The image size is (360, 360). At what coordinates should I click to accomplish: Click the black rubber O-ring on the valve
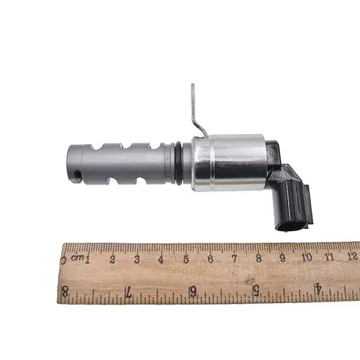coord(179,163)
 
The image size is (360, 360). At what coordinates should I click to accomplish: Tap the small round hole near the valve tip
coord(77,174)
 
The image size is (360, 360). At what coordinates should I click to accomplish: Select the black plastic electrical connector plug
coord(292,192)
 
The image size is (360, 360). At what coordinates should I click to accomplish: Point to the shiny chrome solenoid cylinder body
coord(229,163)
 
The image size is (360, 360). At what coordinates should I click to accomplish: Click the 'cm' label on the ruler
coord(77,258)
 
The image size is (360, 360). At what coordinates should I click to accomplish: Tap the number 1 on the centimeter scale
coord(88,260)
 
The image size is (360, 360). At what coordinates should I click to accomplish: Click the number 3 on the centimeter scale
coord(137,259)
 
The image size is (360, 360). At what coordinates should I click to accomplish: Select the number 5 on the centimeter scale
coord(186,259)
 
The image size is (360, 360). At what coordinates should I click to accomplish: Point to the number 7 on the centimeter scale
coord(235,258)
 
